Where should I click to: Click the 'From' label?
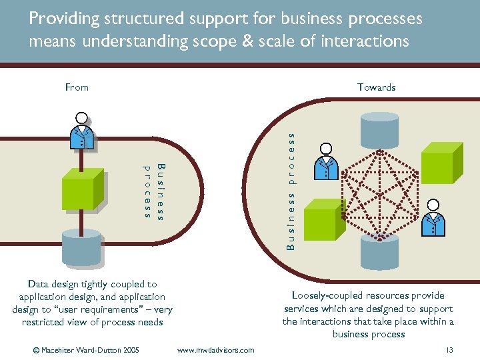77,87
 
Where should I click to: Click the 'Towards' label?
376,87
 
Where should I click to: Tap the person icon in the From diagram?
82,131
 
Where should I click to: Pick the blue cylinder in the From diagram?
81,246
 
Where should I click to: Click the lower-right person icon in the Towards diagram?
434,217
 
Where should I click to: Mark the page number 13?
449,350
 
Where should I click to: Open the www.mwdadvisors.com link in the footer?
215,350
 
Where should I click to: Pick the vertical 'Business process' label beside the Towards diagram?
291,190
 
